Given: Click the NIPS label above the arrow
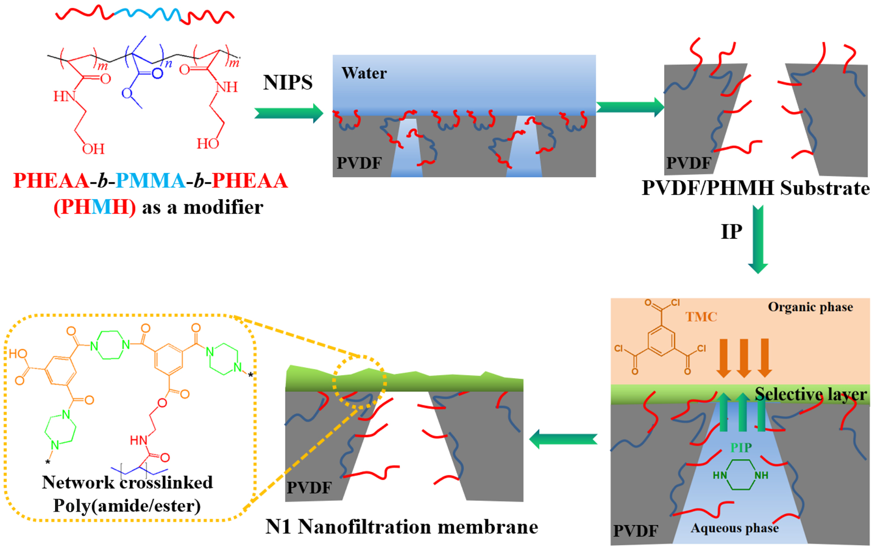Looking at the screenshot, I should (288, 82).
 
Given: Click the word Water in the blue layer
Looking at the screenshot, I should (364, 73).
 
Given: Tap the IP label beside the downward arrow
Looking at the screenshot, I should (731, 231).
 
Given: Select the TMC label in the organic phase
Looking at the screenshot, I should (701, 316).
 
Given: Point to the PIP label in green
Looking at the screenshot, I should (741, 447).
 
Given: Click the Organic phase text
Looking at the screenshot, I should (810, 307).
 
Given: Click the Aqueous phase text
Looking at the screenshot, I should (734, 528).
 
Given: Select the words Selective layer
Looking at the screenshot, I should (811, 394).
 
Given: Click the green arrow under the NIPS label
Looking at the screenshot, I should (288, 113).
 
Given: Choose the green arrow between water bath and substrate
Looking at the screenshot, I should (630, 107).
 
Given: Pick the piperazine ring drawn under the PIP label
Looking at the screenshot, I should (741, 475).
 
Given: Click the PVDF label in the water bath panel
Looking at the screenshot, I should (359, 163).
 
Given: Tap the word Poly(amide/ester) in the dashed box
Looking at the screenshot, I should (127, 506).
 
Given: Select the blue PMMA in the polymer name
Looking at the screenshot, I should (151, 181).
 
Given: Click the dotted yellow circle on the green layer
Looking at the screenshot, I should (359, 382).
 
